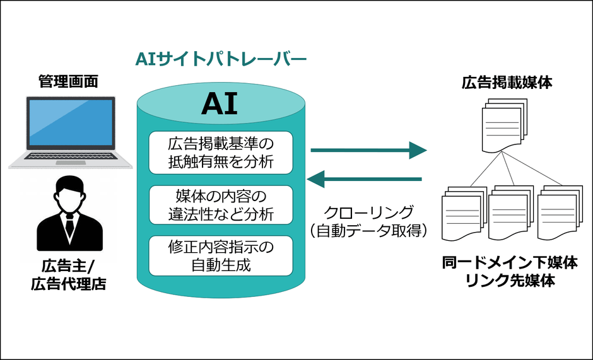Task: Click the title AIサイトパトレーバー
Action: click(221, 61)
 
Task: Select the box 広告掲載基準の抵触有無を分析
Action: click(221, 152)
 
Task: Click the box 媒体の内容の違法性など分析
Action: click(221, 204)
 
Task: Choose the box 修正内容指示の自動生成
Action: click(221, 255)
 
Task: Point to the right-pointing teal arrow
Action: click(368, 150)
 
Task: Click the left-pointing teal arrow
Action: click(364, 179)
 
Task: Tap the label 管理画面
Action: click(68, 81)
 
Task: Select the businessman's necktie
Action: click(69, 224)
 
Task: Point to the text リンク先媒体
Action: click(509, 281)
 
